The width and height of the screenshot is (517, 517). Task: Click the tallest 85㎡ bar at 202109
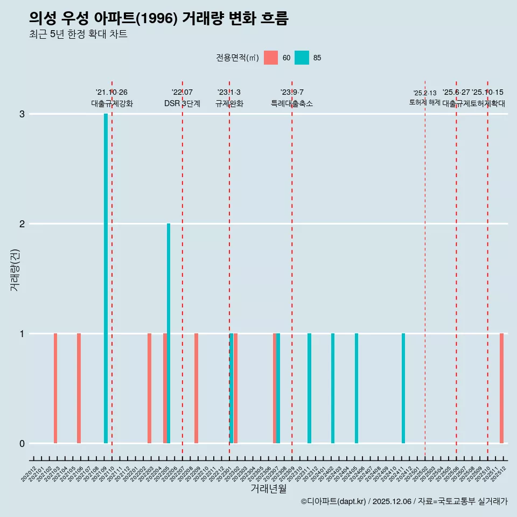point(106,278)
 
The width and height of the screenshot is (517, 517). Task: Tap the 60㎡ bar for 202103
point(55,388)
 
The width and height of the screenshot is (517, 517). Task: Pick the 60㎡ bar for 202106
point(79,388)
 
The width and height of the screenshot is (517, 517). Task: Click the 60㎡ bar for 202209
point(196,388)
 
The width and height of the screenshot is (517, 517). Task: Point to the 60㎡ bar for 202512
point(501,388)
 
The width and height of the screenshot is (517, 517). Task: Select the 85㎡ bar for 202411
point(403,388)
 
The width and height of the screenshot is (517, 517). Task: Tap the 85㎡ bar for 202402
point(333,388)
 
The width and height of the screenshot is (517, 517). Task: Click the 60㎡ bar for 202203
point(149,388)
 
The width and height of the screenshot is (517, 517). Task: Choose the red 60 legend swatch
point(271,58)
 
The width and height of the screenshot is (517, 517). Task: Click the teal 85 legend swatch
point(302,58)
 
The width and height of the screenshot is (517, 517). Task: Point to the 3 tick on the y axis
point(22,114)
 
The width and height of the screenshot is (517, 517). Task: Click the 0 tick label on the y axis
point(22,444)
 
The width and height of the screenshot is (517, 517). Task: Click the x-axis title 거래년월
point(268,488)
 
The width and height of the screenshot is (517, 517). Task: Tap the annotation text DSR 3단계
point(182,103)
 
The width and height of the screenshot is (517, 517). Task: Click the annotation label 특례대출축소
point(291,103)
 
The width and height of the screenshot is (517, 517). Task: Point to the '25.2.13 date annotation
point(425,93)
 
